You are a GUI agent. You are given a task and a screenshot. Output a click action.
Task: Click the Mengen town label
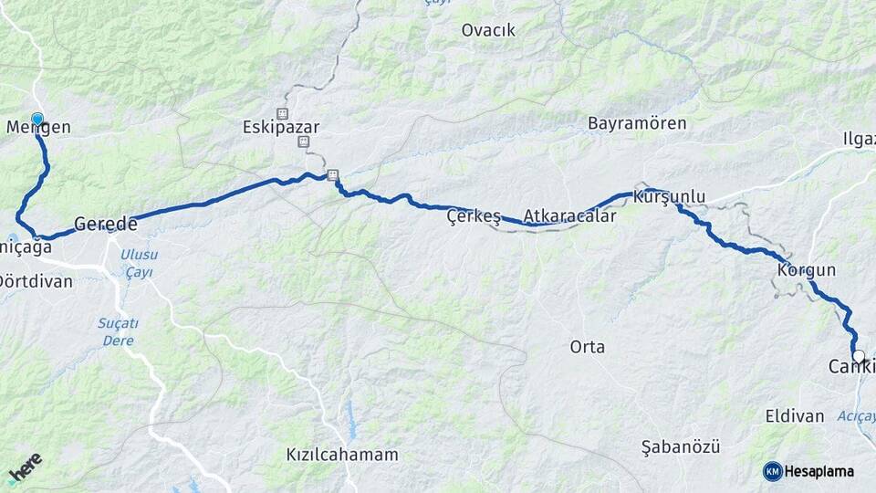[x=38, y=128]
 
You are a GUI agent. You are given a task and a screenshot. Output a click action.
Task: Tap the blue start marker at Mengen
[x=37, y=119]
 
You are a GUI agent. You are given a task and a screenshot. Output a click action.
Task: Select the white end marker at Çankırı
[x=858, y=356]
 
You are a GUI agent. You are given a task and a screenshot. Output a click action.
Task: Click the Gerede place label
[x=105, y=224]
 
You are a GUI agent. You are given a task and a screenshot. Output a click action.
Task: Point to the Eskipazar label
[x=281, y=128]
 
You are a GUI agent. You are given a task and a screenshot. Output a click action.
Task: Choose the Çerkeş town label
[x=474, y=216]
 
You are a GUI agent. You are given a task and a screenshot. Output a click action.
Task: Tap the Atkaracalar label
[x=569, y=217]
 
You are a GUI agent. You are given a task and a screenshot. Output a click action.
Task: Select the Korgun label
[x=807, y=271]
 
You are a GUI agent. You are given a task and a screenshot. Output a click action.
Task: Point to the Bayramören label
[x=636, y=122]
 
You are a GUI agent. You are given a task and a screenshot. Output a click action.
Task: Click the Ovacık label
[x=488, y=30]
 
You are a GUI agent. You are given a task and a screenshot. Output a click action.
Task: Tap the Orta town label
[x=587, y=347]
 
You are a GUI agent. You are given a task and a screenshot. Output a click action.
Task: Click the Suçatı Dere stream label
[x=118, y=331]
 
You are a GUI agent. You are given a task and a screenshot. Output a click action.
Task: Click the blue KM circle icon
[x=773, y=471]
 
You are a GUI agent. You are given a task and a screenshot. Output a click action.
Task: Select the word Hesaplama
[x=819, y=471]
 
